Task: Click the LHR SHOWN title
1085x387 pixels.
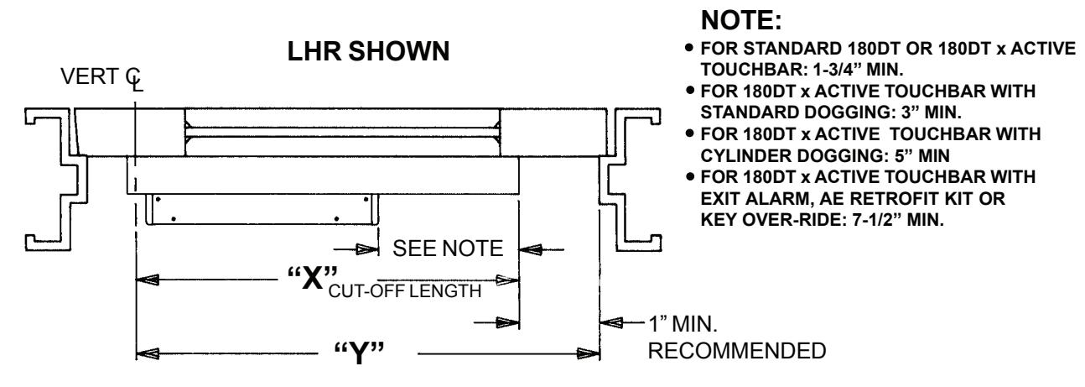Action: [x=369, y=51]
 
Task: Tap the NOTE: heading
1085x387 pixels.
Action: [x=741, y=20]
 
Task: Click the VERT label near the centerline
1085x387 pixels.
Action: [x=90, y=76]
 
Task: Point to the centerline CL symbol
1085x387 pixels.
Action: [x=134, y=80]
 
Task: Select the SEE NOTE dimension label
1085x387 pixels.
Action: [x=448, y=248]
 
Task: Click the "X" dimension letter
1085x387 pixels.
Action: [x=313, y=279]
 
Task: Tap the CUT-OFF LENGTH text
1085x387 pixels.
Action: [x=405, y=291]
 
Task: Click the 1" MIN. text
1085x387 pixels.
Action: [x=683, y=324]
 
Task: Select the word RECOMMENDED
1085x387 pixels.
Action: [x=737, y=351]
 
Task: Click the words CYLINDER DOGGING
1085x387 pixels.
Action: [x=794, y=155]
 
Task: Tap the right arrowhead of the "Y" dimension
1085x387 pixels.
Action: [x=589, y=353]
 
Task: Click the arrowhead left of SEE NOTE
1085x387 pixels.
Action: [x=367, y=250]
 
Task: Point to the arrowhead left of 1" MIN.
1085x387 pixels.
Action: [x=612, y=322]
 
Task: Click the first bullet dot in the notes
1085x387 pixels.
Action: [x=690, y=48]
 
